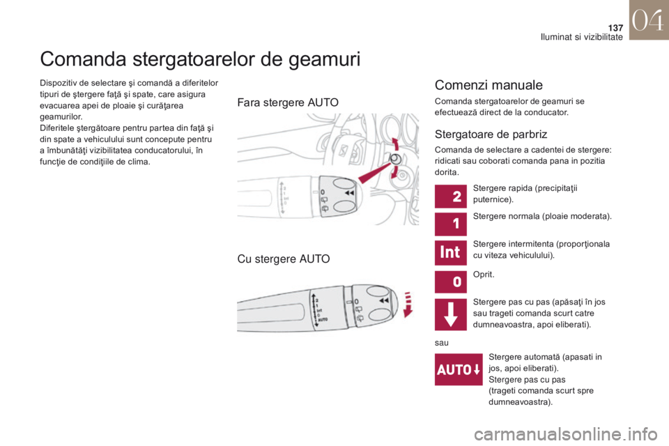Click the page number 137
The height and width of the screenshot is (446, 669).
(x=615, y=28)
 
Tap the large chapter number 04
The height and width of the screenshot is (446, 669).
(x=647, y=20)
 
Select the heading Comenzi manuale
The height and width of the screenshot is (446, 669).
(x=489, y=85)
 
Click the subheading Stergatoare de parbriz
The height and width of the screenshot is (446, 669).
(x=491, y=134)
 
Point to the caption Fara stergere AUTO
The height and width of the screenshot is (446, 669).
(x=288, y=102)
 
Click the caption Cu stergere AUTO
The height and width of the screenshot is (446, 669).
(x=284, y=259)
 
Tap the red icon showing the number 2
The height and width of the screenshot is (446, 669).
(x=451, y=197)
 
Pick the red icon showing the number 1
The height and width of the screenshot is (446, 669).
(x=451, y=224)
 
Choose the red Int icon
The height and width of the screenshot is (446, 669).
(x=451, y=252)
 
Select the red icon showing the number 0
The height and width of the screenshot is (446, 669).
(x=451, y=282)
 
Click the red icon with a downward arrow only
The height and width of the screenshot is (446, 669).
(x=451, y=314)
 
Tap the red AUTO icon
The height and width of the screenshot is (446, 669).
(x=459, y=369)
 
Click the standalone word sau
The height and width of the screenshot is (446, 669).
(x=442, y=343)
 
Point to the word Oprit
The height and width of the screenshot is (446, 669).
(x=484, y=275)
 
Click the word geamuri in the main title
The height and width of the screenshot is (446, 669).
(x=324, y=59)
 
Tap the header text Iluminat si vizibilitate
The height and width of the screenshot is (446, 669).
(x=581, y=37)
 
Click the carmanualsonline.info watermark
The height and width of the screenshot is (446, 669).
(x=566, y=434)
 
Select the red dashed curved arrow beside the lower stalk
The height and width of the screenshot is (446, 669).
(x=408, y=304)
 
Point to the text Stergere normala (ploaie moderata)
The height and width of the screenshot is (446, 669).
(x=542, y=217)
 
